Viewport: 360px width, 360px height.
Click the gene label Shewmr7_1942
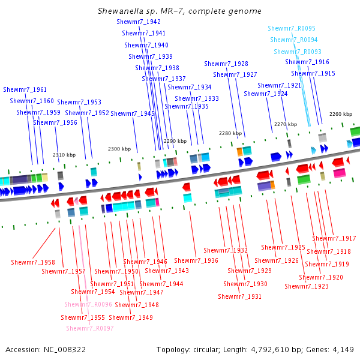pyautogui.click(x=139, y=22)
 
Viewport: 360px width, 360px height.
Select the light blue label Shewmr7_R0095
pyautogui.click(x=292, y=28)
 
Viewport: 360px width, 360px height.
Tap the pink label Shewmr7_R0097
pyautogui.click(x=90, y=328)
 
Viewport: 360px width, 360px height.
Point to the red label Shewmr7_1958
pyautogui.click(x=33, y=262)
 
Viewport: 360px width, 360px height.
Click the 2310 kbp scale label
pyautogui.click(x=64, y=155)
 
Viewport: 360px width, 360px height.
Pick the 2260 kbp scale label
pyautogui.click(x=341, y=114)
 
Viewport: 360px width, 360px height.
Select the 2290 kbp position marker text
pyautogui.click(x=175, y=141)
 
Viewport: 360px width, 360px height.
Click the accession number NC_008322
pyautogui.click(x=65, y=350)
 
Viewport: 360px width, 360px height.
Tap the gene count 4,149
pyautogui.click(x=343, y=350)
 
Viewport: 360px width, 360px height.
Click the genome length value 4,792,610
pyautogui.click(x=270, y=350)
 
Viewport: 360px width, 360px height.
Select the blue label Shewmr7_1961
pyautogui.click(x=25, y=89)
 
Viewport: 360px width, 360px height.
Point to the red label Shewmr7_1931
pyautogui.click(x=239, y=296)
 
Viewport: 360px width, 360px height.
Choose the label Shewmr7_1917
pyautogui.click(x=334, y=238)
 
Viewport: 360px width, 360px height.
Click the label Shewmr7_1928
pyautogui.click(x=226, y=64)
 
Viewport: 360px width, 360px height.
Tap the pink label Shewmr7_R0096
pyautogui.click(x=88, y=304)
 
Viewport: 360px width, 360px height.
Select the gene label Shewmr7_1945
pyautogui.click(x=133, y=113)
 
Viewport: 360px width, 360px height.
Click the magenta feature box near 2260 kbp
pyautogui.click(x=340, y=173)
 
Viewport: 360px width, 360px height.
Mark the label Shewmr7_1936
pyautogui.click(x=196, y=260)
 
